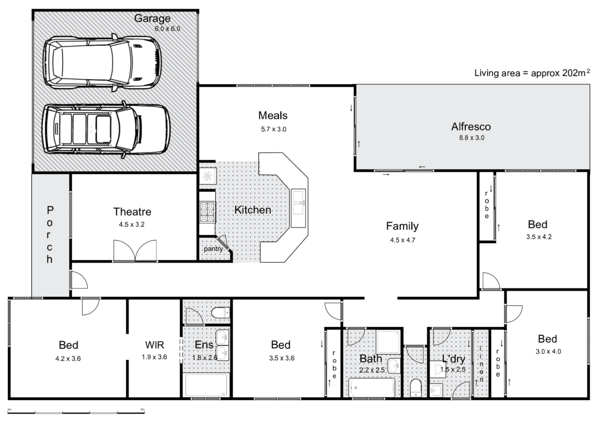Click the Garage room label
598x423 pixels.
(152, 19)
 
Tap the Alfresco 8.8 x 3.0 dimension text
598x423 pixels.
(471, 138)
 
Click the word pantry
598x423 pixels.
(213, 249)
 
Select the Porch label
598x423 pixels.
(50, 234)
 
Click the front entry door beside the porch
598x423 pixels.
(79, 280)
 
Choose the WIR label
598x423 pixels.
(154, 344)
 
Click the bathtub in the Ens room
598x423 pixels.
(206, 385)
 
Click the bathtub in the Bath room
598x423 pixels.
(371, 387)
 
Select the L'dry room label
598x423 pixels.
(453, 358)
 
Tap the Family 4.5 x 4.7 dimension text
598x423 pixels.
(403, 240)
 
